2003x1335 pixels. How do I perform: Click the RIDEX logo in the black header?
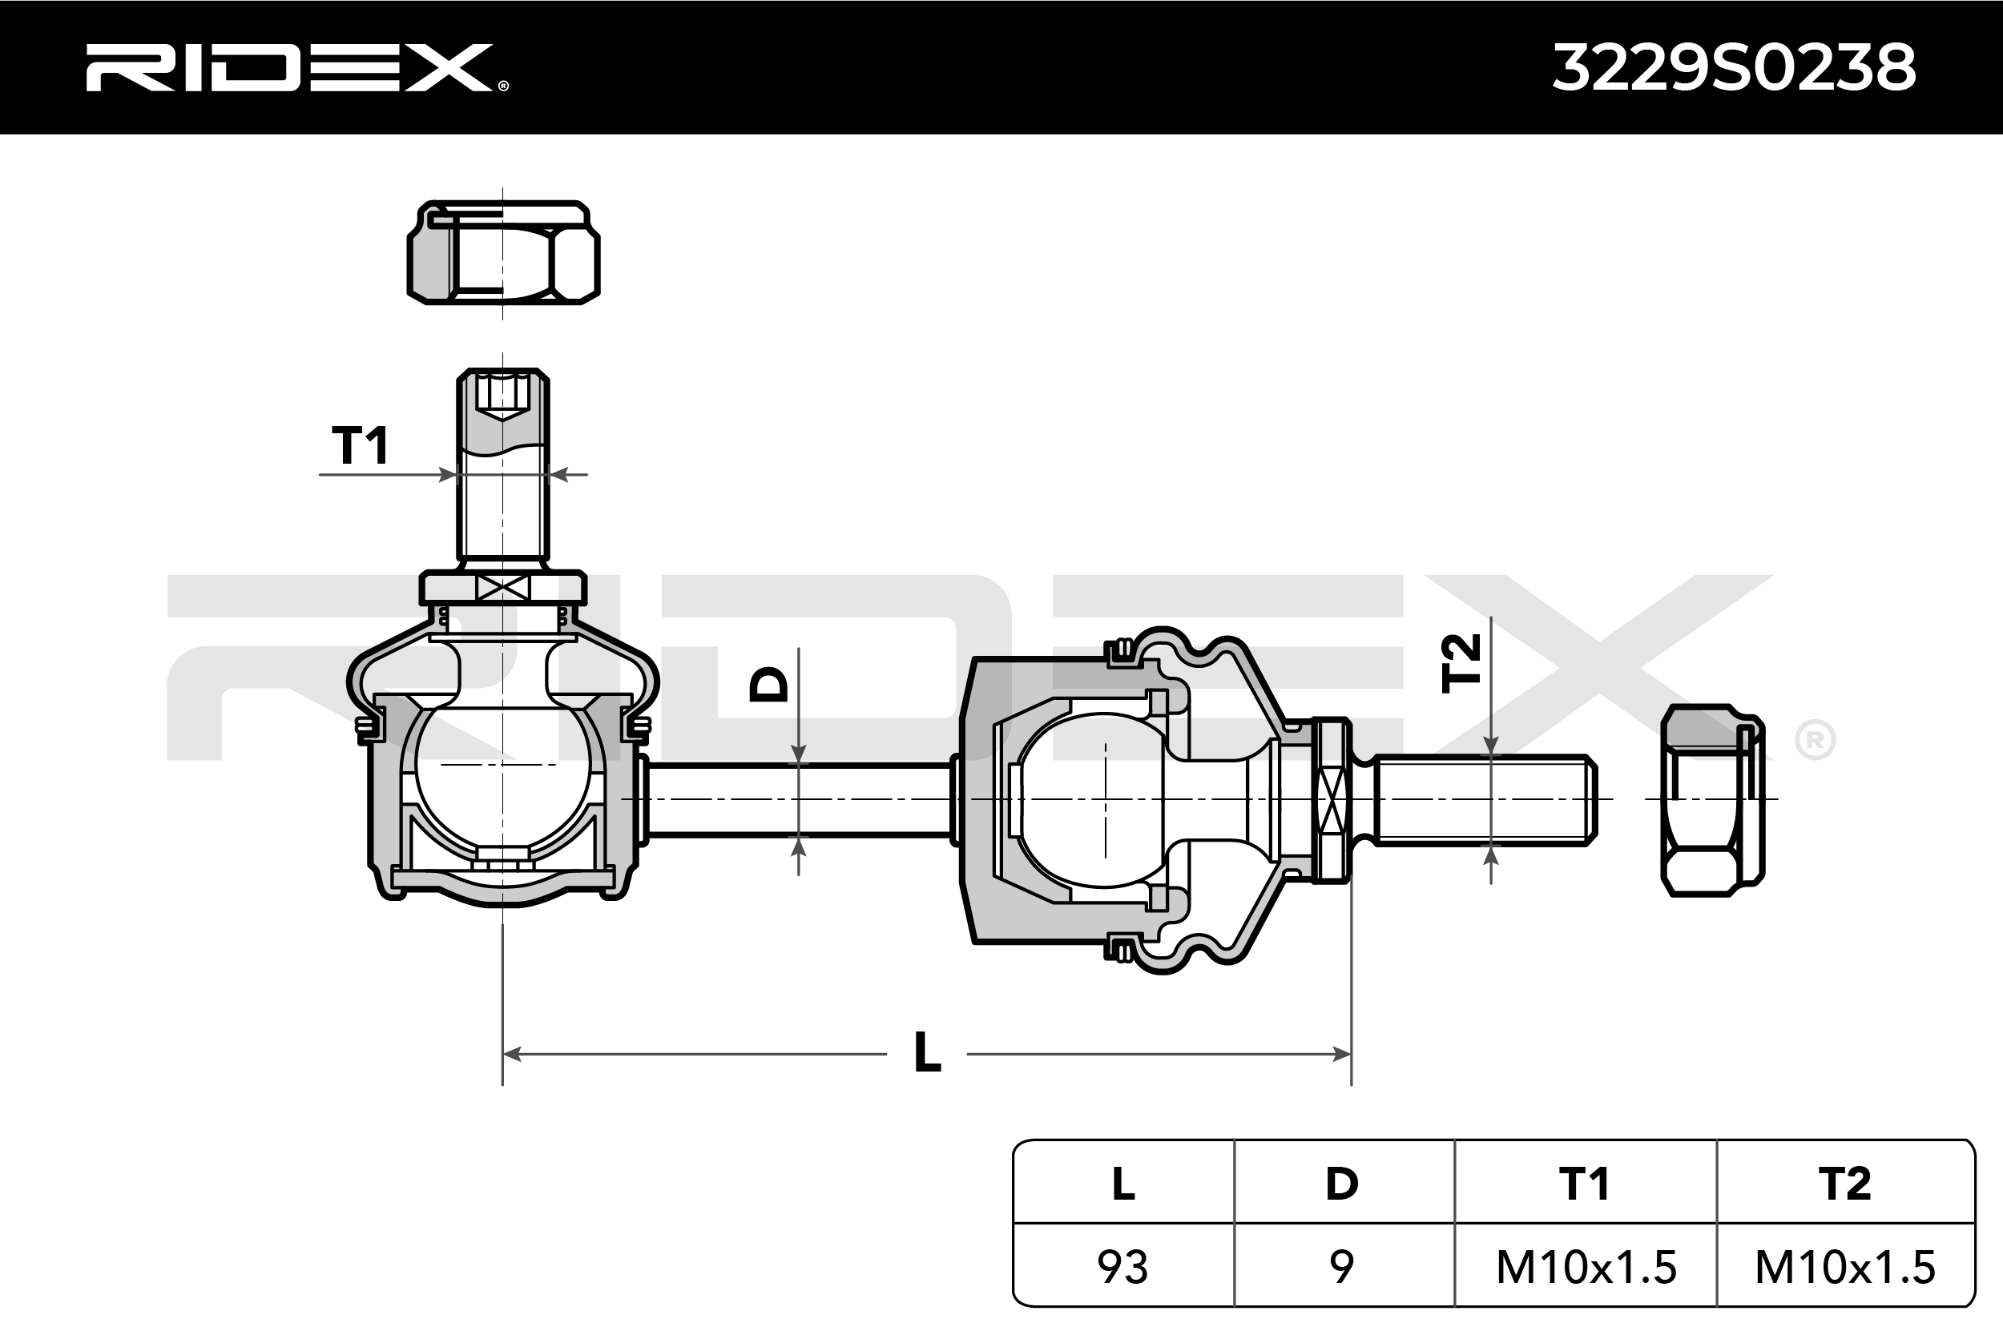[296, 68]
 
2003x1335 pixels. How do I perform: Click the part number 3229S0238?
[1735, 68]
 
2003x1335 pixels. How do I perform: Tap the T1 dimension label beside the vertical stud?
[361, 446]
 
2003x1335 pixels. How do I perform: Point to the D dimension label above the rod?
[768, 684]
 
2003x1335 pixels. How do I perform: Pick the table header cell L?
[1123, 1184]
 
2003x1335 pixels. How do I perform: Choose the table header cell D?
[1343, 1184]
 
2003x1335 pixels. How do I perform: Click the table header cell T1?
[1585, 1184]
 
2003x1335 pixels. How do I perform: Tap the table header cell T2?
[1844, 1184]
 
